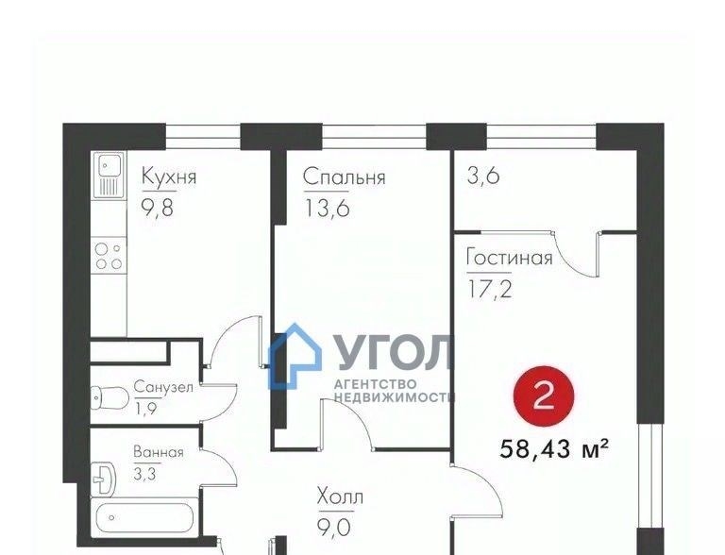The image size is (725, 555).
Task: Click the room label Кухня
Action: (169, 177)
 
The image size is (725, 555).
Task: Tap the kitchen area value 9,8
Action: (158, 208)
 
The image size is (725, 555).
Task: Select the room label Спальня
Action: (344, 177)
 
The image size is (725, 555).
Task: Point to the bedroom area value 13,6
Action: (327, 208)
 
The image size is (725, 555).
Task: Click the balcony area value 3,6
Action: (483, 176)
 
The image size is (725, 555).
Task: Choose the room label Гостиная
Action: (509, 257)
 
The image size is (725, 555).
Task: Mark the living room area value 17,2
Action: (490, 289)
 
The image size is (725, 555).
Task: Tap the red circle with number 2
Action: (544, 395)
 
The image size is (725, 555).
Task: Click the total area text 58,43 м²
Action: (553, 448)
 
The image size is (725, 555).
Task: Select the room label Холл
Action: (340, 497)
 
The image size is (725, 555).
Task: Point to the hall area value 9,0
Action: (335, 527)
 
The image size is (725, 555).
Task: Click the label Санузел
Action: (163, 387)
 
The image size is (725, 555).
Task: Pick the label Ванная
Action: (159, 452)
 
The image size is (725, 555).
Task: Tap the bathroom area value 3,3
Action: (144, 474)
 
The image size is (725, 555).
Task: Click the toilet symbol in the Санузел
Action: (110, 397)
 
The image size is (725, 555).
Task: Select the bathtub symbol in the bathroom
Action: (144, 517)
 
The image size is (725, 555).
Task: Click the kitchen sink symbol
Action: (109, 175)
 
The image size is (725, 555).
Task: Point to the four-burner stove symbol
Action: (109, 256)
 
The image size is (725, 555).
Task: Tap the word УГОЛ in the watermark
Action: (393, 352)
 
